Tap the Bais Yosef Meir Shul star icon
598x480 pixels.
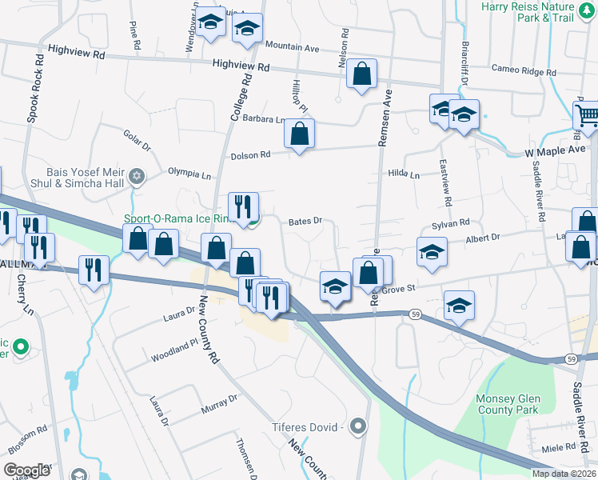(x=137, y=176)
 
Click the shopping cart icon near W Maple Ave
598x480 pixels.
(x=587, y=116)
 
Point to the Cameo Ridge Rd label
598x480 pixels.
(x=524, y=70)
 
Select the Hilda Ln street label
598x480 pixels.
(x=403, y=174)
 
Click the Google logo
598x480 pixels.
(x=26, y=470)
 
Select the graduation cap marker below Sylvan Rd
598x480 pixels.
(x=431, y=254)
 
